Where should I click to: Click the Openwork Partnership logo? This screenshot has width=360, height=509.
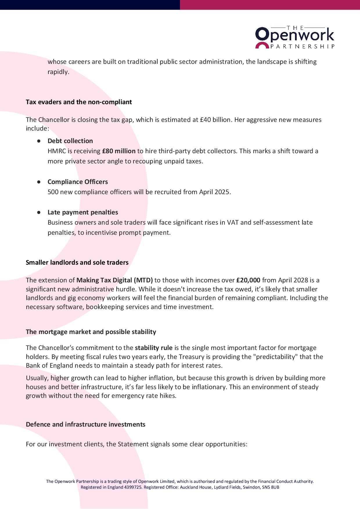[x=295, y=37]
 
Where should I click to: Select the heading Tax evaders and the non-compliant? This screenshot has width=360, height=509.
[x=79, y=102]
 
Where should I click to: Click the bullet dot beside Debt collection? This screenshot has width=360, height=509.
[x=39, y=141]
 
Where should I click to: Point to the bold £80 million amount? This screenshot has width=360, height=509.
[x=119, y=151]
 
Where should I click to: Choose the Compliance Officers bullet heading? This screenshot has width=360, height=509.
[x=78, y=182]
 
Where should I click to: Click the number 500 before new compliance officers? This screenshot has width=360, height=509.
[x=53, y=192]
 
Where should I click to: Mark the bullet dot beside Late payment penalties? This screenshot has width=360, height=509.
[x=39, y=212]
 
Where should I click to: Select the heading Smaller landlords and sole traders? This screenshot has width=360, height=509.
[x=77, y=263]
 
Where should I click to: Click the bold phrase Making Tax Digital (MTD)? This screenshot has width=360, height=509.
[x=114, y=280]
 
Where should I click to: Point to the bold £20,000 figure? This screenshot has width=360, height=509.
[x=248, y=280]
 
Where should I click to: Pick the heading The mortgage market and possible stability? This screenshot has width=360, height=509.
[x=91, y=332]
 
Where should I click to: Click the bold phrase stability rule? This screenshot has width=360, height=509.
[x=154, y=348]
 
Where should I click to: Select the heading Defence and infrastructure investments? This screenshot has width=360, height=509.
[x=85, y=425]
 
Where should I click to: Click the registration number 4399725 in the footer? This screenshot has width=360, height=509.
[x=133, y=487]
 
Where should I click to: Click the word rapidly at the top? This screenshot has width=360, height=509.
[x=58, y=72]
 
